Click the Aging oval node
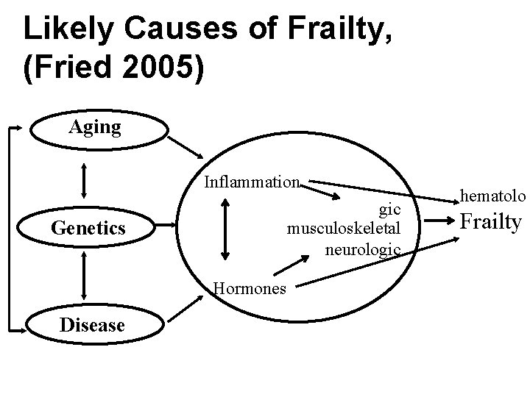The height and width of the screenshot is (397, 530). click(x=96, y=127)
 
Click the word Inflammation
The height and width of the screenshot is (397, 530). click(x=252, y=182)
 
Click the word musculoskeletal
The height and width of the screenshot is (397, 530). click(x=344, y=228)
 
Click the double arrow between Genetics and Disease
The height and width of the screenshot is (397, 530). click(x=86, y=276)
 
